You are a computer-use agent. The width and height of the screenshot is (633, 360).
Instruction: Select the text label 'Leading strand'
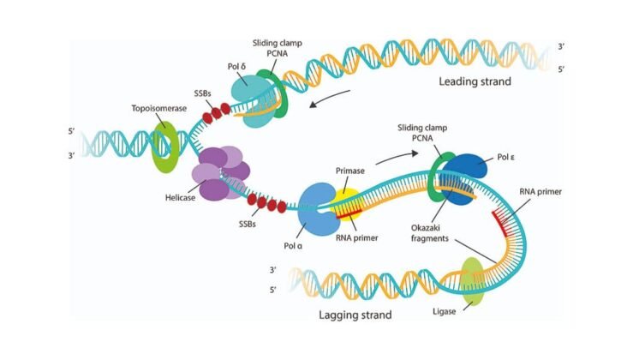475,82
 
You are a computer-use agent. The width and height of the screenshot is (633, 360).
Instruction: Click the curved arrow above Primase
396,156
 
